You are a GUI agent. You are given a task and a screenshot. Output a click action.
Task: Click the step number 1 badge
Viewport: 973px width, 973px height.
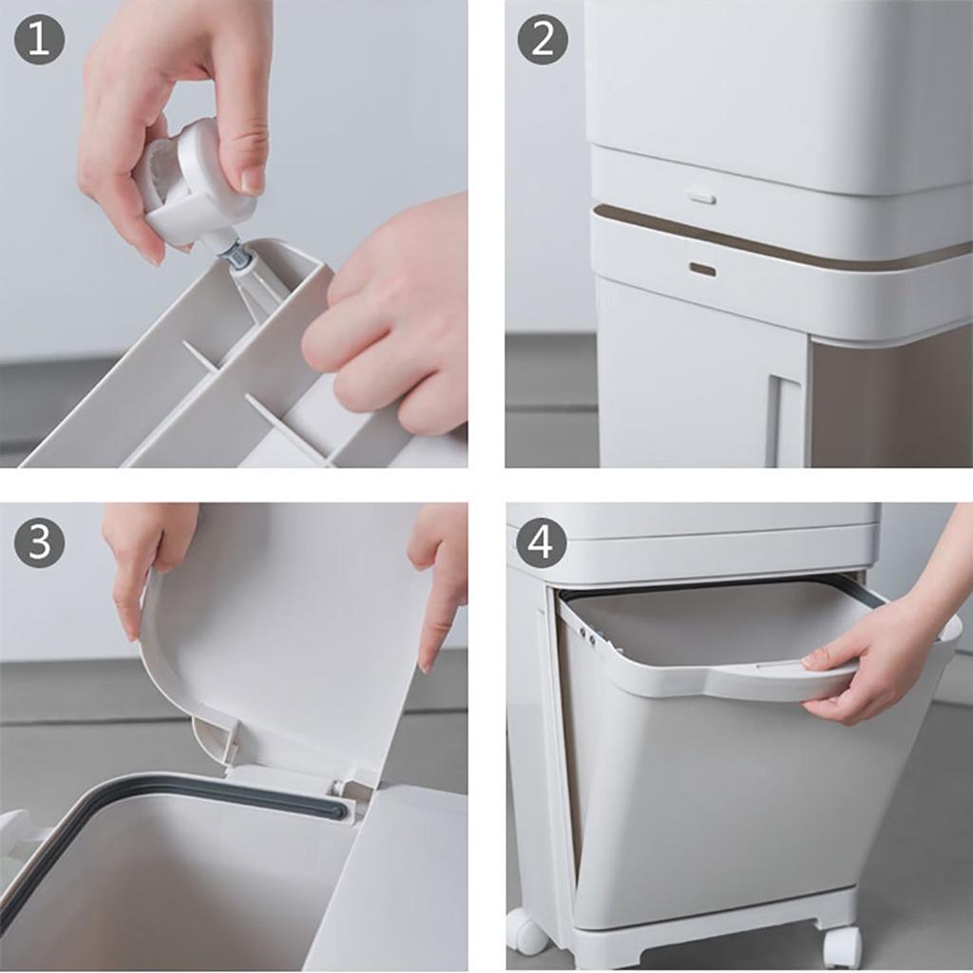pyautogui.click(x=39, y=40)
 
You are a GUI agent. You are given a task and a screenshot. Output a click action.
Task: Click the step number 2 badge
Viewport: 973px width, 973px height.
pyautogui.click(x=543, y=40)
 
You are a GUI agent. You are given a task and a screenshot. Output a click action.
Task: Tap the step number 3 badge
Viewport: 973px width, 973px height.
pyautogui.click(x=39, y=543)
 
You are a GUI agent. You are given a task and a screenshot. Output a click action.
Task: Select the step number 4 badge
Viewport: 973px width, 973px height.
pyautogui.click(x=542, y=543)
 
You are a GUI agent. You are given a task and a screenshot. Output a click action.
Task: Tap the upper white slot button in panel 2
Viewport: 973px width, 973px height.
pyautogui.click(x=701, y=199)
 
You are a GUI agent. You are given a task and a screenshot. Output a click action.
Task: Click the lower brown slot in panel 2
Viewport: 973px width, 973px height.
pyautogui.click(x=702, y=269)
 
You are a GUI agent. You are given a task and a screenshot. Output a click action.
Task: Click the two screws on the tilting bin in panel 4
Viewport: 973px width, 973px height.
pyautogui.click(x=587, y=636)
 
